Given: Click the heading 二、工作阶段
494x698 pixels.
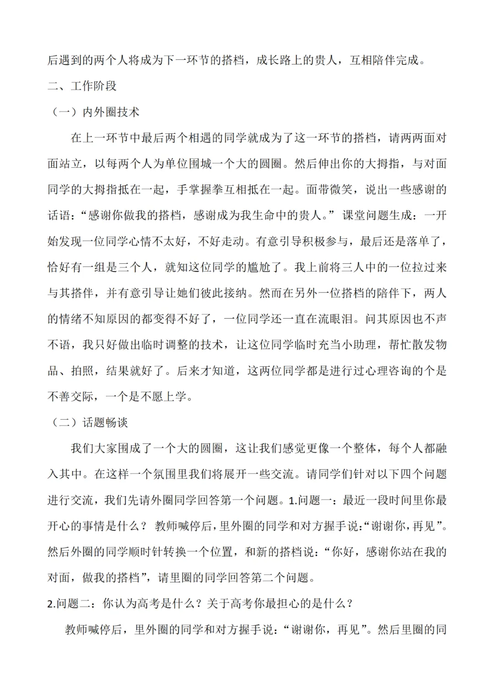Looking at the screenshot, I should point(82,86).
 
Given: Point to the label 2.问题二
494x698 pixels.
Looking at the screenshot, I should point(70,604).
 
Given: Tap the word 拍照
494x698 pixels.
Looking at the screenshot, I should point(83,370).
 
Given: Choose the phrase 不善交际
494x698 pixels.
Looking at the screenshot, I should point(71,396).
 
